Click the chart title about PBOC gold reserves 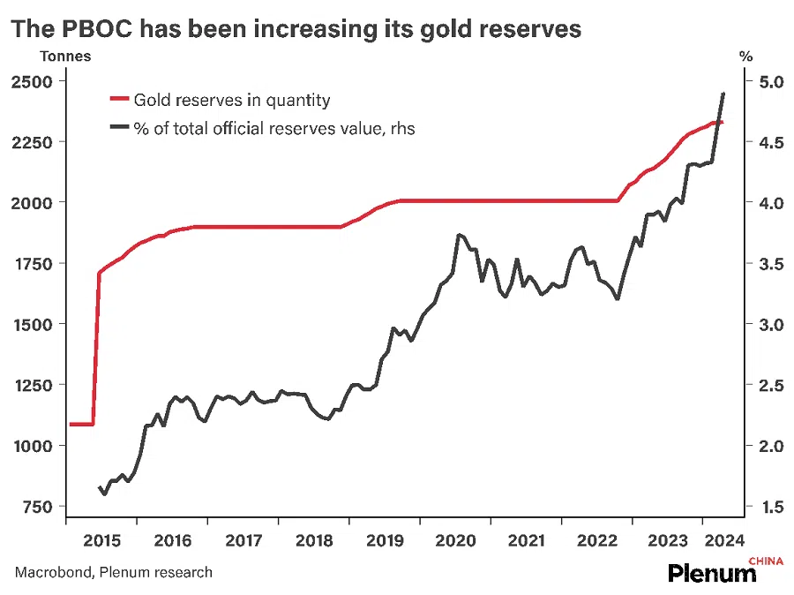(296, 29)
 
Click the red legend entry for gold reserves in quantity (231, 101)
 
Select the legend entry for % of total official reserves (273, 129)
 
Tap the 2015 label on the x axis (101, 539)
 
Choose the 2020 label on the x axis (455, 539)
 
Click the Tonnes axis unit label (64, 56)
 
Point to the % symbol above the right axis (745, 56)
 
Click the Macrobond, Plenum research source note (114, 572)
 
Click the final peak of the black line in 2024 (723, 94)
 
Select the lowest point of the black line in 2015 (105, 493)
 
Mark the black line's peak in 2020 (459, 235)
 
